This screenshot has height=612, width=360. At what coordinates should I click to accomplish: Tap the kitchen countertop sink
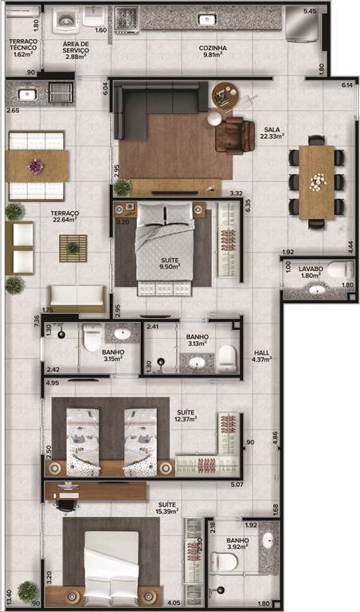(207, 19)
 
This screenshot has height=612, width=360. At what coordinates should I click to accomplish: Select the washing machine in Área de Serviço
(66, 19)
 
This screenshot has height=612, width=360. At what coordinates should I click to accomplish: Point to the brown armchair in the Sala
(234, 135)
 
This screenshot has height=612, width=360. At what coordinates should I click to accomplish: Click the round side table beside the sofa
(225, 94)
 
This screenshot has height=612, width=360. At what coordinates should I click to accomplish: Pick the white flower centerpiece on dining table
(316, 182)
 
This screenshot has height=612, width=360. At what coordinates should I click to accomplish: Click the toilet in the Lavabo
(340, 270)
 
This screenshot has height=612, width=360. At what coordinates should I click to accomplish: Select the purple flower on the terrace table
(36, 166)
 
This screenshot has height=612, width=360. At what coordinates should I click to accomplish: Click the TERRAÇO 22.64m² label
(65, 216)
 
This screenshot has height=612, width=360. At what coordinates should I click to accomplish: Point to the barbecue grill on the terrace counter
(61, 93)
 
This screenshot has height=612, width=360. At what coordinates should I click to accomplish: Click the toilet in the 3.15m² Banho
(92, 337)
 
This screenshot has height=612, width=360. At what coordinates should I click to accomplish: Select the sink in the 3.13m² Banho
(197, 363)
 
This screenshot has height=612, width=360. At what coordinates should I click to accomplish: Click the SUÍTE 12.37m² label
(186, 416)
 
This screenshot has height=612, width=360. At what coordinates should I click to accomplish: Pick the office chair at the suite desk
(65, 506)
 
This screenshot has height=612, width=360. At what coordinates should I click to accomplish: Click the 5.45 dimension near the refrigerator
(311, 12)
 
